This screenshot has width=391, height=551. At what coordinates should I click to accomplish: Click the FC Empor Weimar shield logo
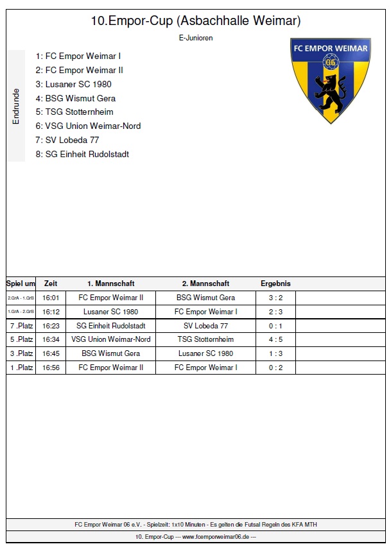pos(330,80)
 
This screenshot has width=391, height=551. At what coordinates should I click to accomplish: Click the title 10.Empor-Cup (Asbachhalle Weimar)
pos(196,21)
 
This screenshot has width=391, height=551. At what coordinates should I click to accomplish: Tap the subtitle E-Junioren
pos(196,38)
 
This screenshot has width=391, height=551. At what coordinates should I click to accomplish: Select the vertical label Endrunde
pos(16,106)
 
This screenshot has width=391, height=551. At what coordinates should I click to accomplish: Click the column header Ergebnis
pos(275,283)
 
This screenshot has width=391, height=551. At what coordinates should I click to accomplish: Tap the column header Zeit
pos(51,283)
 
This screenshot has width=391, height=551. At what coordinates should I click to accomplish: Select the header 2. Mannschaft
pos(205,283)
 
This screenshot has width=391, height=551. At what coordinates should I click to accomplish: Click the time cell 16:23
pos(51,325)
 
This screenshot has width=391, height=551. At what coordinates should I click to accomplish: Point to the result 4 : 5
pos(275,339)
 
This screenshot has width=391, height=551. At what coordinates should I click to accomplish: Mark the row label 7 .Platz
pos(21,325)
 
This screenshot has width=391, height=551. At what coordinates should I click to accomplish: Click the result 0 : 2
pos(275,368)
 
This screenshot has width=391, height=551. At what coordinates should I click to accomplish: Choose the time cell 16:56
pos(51,368)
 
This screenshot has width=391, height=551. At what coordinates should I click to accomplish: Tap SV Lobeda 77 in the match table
pos(205,325)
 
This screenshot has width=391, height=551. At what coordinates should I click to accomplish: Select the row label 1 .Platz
pos(21,368)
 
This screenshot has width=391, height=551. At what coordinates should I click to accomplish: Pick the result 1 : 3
pos(275,353)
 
